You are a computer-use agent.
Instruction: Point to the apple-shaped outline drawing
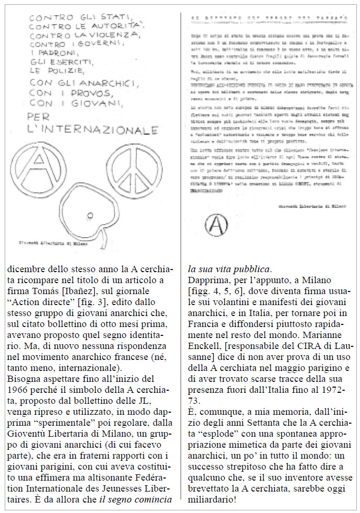(79, 211)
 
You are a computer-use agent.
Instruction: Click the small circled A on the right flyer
(214, 225)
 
